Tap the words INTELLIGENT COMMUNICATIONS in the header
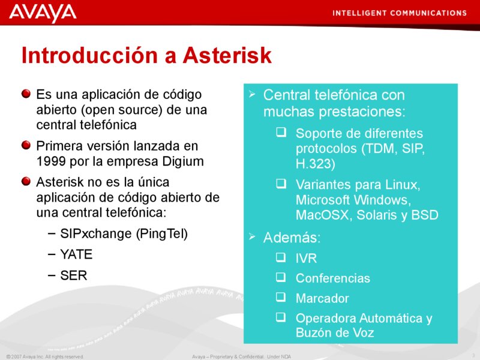399,13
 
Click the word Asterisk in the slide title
227,56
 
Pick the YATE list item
76,254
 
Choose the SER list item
73,275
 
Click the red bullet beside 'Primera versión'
26,146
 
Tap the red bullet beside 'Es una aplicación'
26,94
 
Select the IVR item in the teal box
306,259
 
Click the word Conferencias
333,278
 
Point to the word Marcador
322,298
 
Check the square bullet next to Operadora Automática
281,317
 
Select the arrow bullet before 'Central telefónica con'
253,94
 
